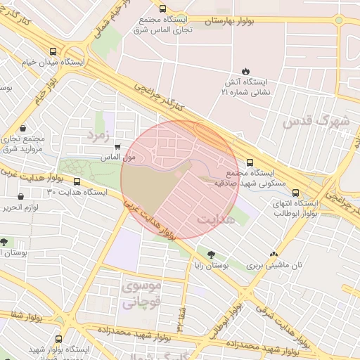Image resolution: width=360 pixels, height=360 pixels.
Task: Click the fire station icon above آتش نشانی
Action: coord(245,70)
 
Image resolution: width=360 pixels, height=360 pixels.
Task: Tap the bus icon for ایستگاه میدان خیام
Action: coord(54,51)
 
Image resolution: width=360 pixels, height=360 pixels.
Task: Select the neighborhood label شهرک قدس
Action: coord(316,120)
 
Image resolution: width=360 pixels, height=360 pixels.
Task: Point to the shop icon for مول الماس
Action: coord(117,147)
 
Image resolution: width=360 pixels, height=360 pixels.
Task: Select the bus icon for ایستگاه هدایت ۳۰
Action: coord(77,181)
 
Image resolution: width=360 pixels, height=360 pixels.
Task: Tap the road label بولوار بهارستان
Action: coord(232,22)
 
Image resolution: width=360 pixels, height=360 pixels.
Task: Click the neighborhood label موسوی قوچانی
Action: coord(142,295)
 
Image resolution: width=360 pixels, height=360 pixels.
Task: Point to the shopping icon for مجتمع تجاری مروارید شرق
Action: coord(25,129)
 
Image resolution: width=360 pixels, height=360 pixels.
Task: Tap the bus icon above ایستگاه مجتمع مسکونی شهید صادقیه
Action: coord(250,162)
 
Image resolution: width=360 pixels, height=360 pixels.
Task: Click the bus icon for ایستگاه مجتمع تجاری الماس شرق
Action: coord(163,9)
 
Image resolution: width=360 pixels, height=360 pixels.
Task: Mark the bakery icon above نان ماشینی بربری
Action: coord(274,254)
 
